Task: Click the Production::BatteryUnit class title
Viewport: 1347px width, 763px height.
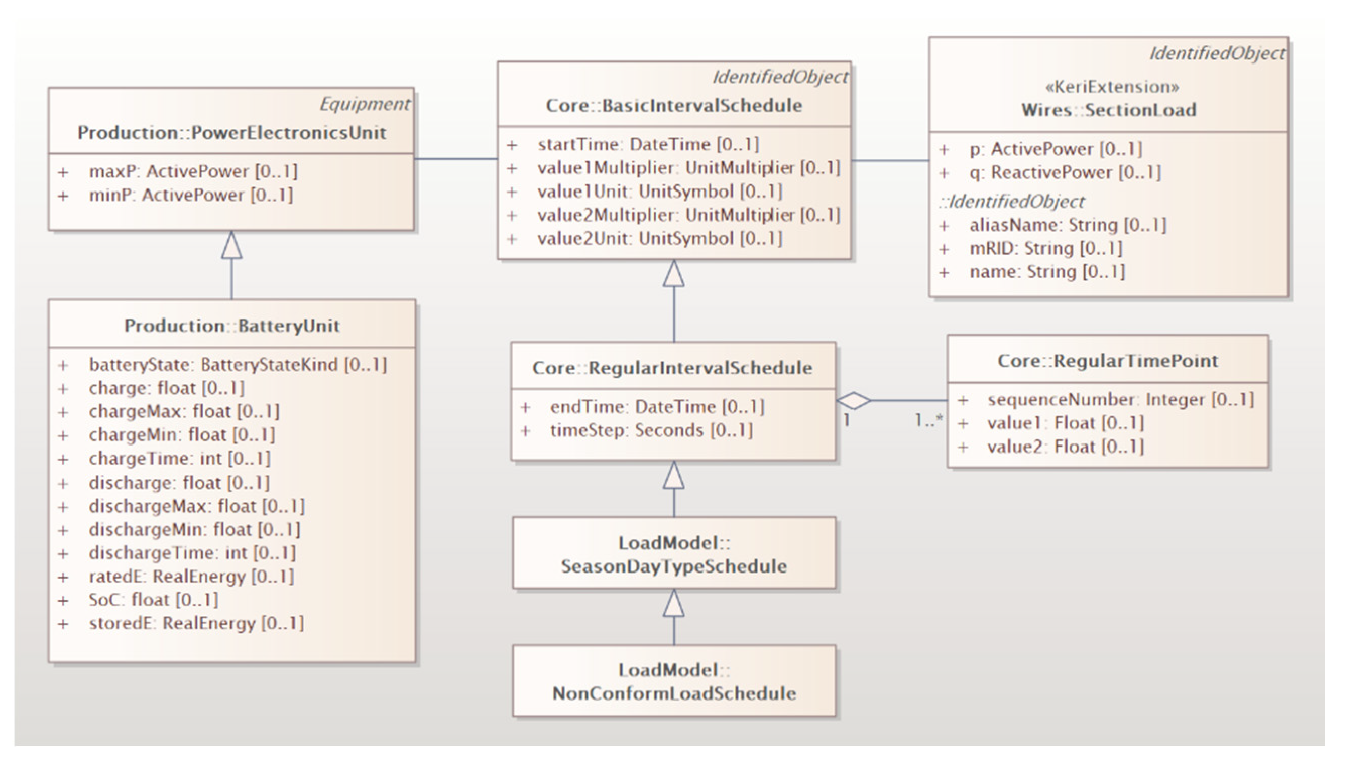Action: point(232,326)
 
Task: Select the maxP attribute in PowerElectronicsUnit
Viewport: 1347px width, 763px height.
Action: point(193,171)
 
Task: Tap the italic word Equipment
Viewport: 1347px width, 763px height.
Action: point(365,104)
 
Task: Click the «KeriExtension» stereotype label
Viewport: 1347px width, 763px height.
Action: point(1111,87)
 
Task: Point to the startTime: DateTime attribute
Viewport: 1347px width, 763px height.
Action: point(648,144)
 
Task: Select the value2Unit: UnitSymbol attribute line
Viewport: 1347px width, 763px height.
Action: point(659,238)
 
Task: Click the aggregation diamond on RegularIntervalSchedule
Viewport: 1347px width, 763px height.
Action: point(853,401)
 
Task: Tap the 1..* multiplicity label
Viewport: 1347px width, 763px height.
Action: point(928,420)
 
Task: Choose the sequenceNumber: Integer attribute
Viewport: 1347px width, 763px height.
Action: point(1120,400)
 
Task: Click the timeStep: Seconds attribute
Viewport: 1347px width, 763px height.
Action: point(651,431)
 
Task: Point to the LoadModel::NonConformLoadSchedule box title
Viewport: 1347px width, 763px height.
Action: point(674,682)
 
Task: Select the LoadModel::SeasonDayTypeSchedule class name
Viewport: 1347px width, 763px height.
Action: point(674,554)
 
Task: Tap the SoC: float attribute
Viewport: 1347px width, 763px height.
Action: point(153,600)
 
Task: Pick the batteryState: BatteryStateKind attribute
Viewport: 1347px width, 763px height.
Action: point(237,365)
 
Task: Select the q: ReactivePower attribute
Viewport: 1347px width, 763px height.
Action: point(1065,172)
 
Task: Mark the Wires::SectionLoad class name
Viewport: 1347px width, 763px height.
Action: point(1108,110)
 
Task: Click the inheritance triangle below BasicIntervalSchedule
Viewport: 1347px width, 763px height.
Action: point(674,274)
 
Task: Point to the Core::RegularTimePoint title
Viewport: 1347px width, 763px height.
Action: point(1107,360)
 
